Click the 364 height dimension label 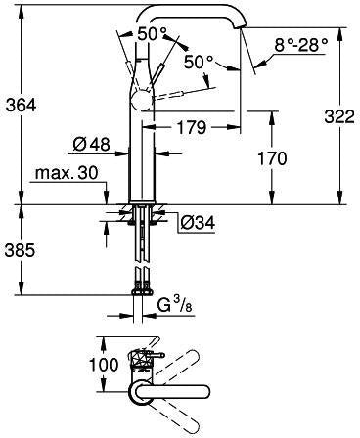point(22,106)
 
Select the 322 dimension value point(339,117)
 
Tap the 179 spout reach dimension point(192,127)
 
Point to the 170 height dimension point(273,158)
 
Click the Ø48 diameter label point(91,144)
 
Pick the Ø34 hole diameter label point(198,223)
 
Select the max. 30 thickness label point(67,173)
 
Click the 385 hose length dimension point(20,251)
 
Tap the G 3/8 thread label point(175,307)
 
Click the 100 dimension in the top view point(104,365)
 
